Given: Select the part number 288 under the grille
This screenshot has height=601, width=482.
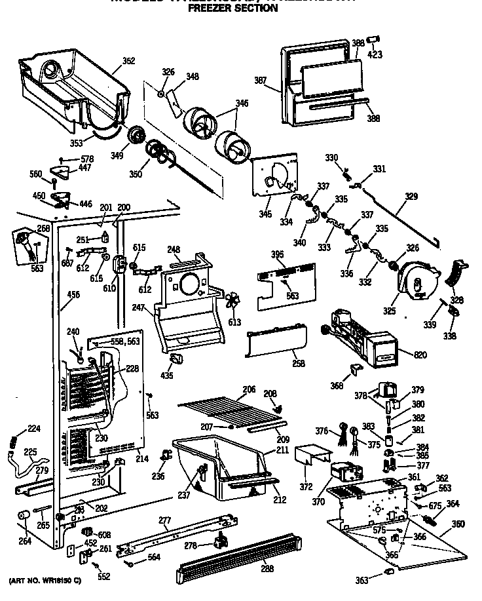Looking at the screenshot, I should [267, 568].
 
